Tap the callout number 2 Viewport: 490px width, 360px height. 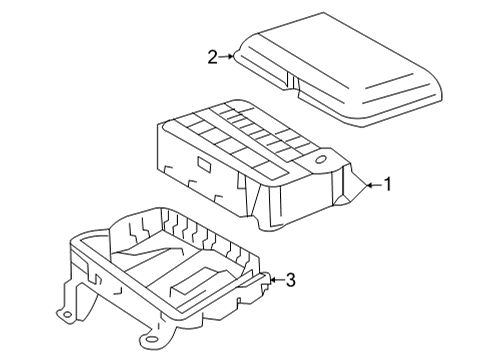[x=212, y=59]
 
